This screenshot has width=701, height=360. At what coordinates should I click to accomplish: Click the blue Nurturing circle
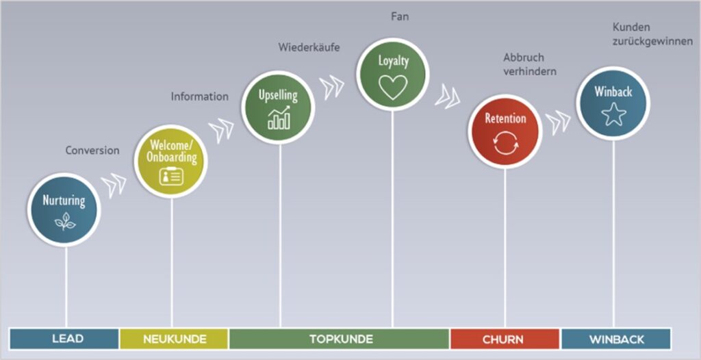point(64,209)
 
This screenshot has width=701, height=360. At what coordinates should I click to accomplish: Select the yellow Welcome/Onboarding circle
point(170,161)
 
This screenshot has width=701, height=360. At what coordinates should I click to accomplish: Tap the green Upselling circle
point(278,107)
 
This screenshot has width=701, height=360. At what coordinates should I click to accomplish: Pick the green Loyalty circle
point(393,73)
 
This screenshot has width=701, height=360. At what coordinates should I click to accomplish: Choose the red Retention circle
point(505,131)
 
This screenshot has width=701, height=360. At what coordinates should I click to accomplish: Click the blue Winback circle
point(613,103)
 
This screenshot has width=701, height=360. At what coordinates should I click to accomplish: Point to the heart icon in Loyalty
point(393,86)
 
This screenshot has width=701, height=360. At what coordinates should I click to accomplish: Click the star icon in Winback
point(613,114)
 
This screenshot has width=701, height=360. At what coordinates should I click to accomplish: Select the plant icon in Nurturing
point(64,220)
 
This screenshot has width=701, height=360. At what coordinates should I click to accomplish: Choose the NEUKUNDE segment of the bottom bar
point(173,339)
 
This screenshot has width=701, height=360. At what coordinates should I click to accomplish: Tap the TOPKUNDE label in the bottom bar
point(340,339)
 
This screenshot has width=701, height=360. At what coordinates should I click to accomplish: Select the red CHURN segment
point(504,339)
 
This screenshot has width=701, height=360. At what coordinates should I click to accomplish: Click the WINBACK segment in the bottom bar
point(615,339)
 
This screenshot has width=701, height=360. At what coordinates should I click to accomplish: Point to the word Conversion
point(92,151)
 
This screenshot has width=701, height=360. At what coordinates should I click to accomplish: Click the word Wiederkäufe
point(309,48)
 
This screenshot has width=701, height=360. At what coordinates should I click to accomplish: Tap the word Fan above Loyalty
point(400,16)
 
